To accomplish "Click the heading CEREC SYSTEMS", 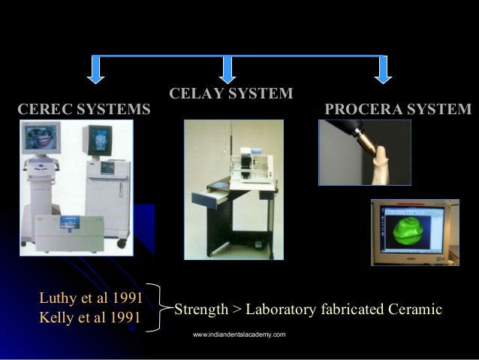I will (83, 110).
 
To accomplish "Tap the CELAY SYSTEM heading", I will (231, 94).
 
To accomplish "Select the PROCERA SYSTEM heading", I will (398, 110).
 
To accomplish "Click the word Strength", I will (201, 310).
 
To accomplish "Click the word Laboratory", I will (281, 310).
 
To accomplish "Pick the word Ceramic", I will (415, 310).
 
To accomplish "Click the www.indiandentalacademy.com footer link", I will (239, 333).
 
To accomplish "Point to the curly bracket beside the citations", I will (160, 307).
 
